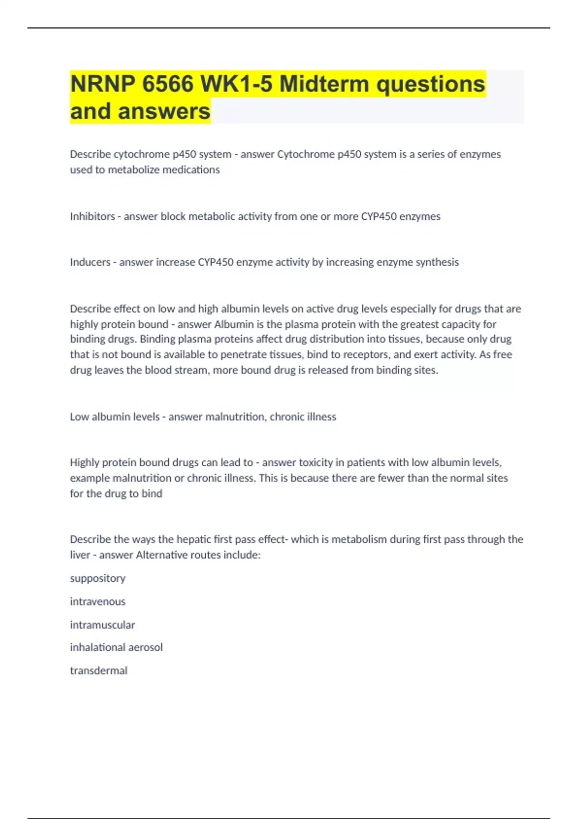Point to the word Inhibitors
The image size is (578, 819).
click(x=92, y=216)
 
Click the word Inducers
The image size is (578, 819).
click(x=90, y=262)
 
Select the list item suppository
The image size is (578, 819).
click(x=97, y=578)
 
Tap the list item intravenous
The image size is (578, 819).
click(x=97, y=601)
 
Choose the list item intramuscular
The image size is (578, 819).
click(x=102, y=625)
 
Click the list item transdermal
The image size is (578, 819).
click(x=98, y=671)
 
